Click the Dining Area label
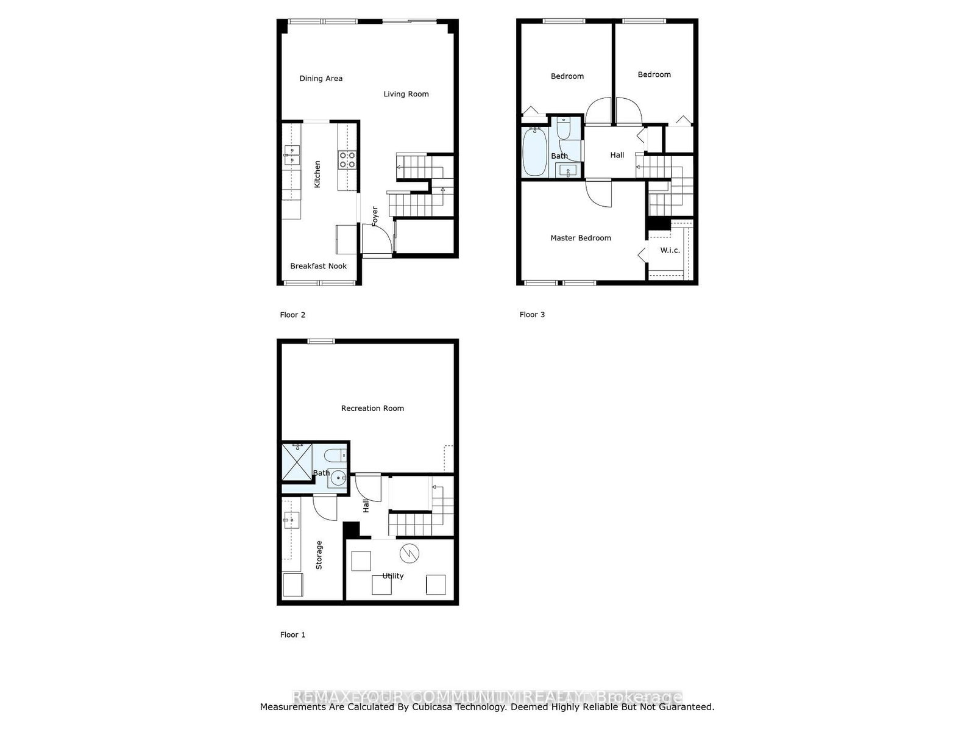tap(321, 79)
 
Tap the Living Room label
tap(406, 94)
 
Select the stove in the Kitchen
tap(347, 160)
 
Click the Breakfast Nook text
tap(318, 266)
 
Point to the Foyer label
tap(375, 217)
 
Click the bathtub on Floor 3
tap(534, 151)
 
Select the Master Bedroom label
tap(580, 238)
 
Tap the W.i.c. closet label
tap(670, 250)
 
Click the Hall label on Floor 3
tap(617, 155)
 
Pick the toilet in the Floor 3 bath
tap(563, 128)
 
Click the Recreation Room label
tap(372, 408)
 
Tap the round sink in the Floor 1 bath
tap(336, 480)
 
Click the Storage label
tap(319, 555)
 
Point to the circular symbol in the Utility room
tap(409, 553)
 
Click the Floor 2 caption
tap(292, 315)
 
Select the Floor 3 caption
tap(532, 315)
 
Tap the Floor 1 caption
tap(292, 634)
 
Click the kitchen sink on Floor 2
tap(291, 155)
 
